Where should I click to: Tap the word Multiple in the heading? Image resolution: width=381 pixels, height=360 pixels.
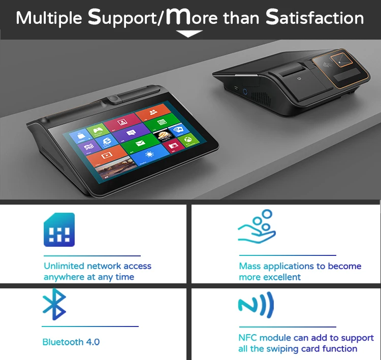click(49, 18)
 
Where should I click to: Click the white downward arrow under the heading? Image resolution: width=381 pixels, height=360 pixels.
click(189, 34)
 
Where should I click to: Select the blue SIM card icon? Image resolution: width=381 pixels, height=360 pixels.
click(59, 230)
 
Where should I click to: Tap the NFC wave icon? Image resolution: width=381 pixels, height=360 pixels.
click(256, 305)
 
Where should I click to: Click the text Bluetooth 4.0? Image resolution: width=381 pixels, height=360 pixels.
click(71, 342)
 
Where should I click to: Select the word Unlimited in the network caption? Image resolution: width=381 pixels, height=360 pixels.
click(63, 266)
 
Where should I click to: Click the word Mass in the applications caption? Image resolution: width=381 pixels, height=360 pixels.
click(250, 266)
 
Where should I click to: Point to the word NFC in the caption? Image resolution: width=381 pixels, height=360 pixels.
click(248, 338)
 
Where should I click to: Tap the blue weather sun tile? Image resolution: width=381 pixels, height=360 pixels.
click(150, 155)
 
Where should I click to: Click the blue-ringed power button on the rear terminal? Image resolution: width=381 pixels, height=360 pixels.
click(244, 93)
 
